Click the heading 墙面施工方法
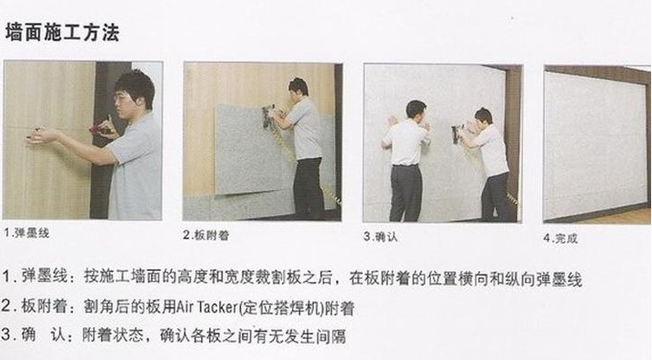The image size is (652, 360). [x=63, y=33]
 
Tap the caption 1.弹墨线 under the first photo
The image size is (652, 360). [x=27, y=233]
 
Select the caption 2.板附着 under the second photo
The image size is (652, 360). [x=206, y=235]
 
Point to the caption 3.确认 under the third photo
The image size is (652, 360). [x=380, y=236]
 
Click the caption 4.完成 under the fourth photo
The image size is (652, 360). [x=560, y=238]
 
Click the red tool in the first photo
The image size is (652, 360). [x=100, y=131]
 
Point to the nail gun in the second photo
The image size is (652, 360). [x=268, y=116]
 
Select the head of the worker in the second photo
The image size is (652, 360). [x=298, y=87]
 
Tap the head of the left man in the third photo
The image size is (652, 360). [x=416, y=110]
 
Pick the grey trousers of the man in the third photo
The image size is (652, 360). [x=406, y=193]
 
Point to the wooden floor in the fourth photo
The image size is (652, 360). [x=620, y=216]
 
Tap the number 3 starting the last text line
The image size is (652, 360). [x=5, y=335]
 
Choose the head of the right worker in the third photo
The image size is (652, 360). [x=483, y=116]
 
